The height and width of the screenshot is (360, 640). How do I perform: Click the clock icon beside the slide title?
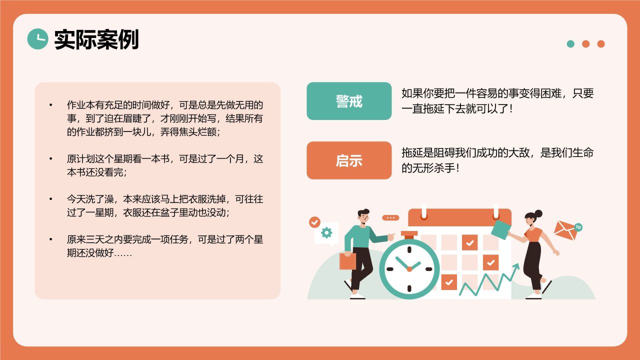tap(37, 39)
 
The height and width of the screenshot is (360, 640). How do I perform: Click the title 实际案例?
tap(96, 39)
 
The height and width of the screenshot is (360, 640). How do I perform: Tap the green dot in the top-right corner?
tap(570, 44)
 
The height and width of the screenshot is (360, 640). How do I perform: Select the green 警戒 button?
tap(349, 101)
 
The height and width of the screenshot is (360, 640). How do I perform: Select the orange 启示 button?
tap(349, 160)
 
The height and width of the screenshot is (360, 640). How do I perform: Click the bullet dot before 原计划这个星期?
tap(50, 159)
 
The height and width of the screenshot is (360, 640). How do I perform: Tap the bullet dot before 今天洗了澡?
tap(50, 199)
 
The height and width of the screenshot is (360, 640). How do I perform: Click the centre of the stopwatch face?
tap(409, 269)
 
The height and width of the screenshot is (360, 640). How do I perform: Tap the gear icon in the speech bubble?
tap(326, 232)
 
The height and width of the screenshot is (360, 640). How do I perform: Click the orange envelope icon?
tap(565, 230)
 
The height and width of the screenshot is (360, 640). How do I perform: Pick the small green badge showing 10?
tap(578, 227)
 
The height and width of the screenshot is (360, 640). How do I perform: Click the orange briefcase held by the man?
tap(347, 261)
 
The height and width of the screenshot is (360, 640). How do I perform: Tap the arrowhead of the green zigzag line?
tap(516, 266)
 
